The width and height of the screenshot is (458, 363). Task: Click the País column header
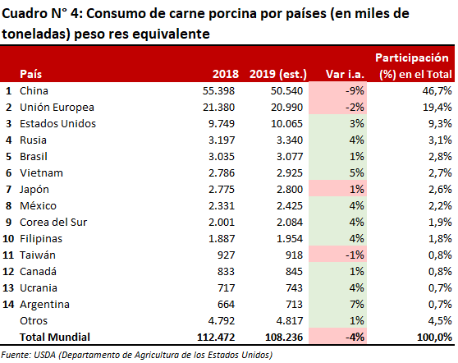coord(30,74)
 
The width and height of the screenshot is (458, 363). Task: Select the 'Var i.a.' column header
coord(345,74)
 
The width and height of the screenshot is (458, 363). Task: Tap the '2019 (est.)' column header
coord(278,74)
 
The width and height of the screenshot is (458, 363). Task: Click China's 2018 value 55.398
coord(218,91)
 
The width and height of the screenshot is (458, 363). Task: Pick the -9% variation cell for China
coord(355,91)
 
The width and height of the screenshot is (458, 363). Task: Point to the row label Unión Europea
coord(57,108)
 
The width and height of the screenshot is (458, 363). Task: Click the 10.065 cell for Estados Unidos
coord(286,124)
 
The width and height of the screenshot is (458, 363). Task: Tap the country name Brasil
coord(34,157)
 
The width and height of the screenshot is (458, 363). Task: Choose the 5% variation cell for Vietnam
coord(357,173)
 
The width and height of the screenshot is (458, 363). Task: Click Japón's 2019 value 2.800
coord(290,190)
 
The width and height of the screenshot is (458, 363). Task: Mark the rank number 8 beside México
coord(8,206)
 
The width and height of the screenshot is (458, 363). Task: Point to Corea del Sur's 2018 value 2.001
coord(222,223)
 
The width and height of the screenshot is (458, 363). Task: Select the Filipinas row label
coord(41,239)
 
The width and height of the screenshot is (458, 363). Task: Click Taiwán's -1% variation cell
coord(355,255)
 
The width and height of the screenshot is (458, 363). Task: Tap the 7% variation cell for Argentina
coord(357,305)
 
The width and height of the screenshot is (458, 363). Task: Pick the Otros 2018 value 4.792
coord(222,321)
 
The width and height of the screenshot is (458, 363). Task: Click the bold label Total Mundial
coord(55,338)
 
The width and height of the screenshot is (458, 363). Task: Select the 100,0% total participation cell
coord(435,338)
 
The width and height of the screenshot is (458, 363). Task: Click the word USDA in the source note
coord(44,355)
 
